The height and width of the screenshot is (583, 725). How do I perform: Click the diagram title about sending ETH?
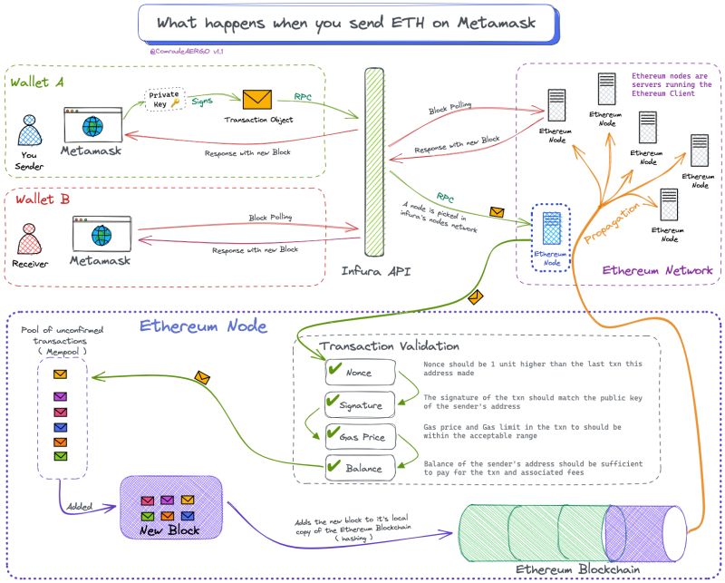[347, 23]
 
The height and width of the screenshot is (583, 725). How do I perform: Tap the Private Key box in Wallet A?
[164, 100]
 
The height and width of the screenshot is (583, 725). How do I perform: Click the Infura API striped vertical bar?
[374, 164]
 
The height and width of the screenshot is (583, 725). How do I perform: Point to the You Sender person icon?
[31, 132]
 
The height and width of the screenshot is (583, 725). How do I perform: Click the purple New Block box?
[171, 509]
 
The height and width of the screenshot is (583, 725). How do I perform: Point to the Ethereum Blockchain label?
[577, 569]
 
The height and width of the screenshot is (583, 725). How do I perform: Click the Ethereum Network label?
[657, 270]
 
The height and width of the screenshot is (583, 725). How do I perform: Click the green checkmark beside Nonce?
[332, 370]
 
